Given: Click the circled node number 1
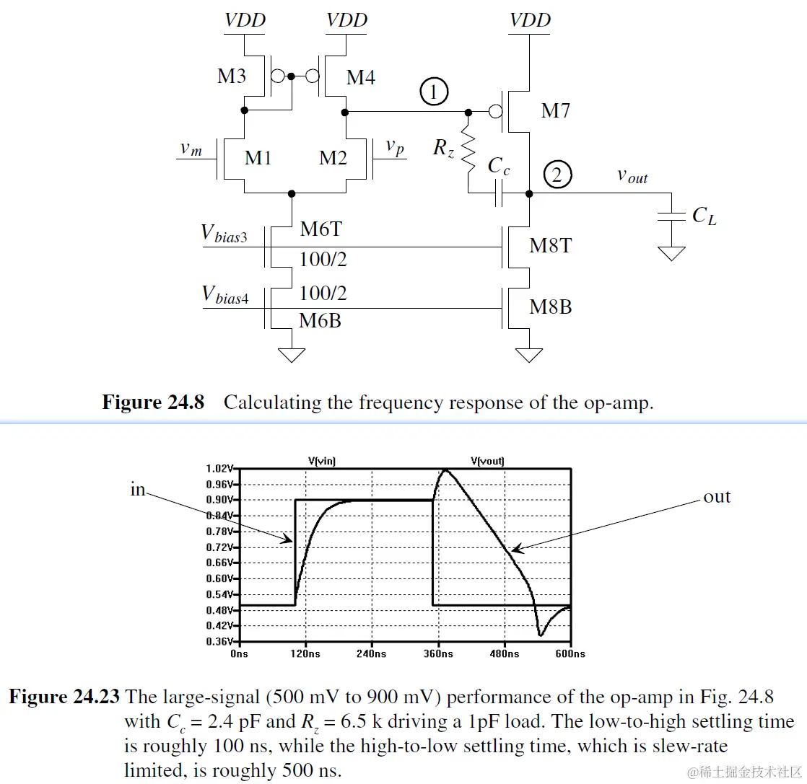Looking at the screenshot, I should click(x=434, y=92).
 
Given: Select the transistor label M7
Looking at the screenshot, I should click(x=555, y=110).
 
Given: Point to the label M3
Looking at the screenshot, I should click(x=232, y=76).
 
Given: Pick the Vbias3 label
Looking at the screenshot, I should click(x=224, y=234).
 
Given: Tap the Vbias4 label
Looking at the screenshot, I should click(x=224, y=296).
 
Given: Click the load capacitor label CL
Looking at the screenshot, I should click(x=704, y=215).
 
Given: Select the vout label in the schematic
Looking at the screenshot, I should click(x=632, y=176).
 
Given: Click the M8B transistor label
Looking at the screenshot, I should click(x=551, y=307).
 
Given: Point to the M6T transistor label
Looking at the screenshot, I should click(x=320, y=230).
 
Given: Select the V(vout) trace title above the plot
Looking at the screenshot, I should click(x=487, y=460).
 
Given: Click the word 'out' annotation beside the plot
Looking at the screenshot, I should click(x=716, y=497).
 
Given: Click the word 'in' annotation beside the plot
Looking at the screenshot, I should click(x=137, y=490).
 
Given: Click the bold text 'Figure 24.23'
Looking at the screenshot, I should click(x=64, y=697).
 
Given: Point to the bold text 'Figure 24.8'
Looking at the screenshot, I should click(x=153, y=402).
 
